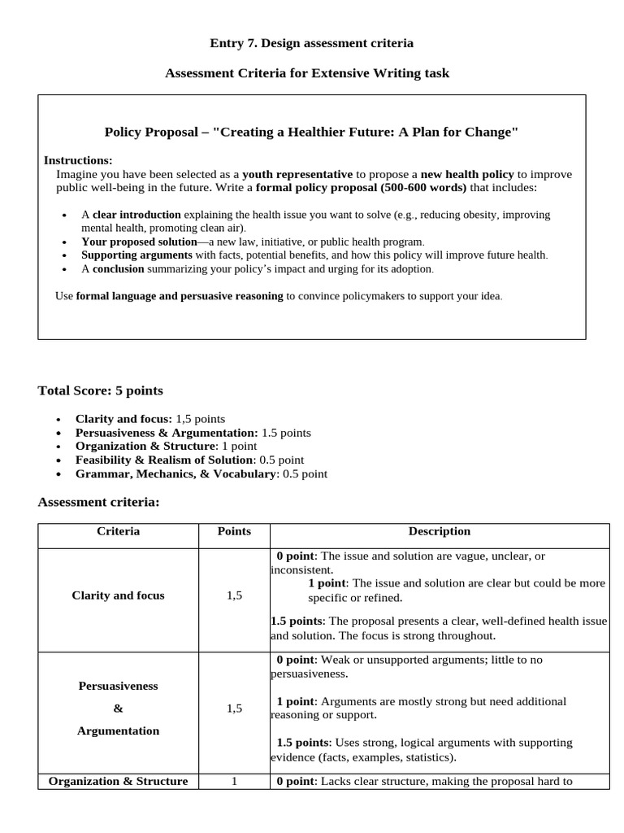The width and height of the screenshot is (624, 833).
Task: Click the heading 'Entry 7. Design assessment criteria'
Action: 312,42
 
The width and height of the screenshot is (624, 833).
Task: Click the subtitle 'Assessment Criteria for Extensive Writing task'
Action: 307,73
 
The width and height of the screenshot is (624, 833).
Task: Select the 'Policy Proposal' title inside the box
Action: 311,132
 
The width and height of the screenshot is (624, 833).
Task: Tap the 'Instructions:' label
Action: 78,160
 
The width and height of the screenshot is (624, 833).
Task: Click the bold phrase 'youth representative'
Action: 297,174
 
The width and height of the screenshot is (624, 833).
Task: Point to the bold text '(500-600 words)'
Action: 425,187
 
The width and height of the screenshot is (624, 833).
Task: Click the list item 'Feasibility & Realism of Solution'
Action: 189,460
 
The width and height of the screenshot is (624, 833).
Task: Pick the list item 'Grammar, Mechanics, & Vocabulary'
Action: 201,473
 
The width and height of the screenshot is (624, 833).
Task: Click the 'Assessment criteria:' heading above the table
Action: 98,502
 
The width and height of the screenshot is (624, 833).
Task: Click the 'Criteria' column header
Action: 118,531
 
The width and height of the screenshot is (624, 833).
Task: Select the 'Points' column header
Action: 234,531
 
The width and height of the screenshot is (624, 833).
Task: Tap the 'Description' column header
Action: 439,531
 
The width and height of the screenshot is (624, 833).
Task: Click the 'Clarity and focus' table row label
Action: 118,595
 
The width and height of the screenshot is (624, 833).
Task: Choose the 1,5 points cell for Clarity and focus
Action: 234,595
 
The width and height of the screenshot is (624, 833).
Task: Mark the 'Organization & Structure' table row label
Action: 118,781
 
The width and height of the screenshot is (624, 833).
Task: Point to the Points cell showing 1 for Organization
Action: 234,781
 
